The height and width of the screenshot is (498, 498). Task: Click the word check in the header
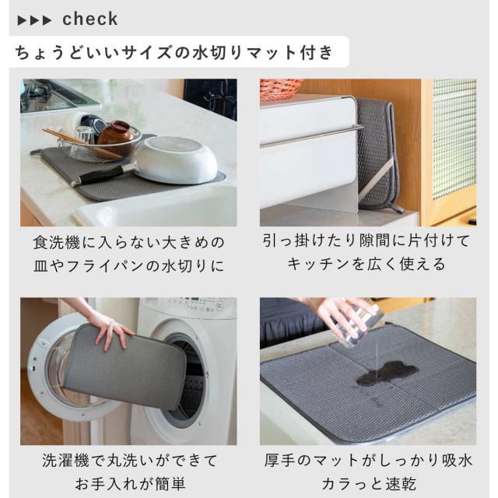tap(90, 19)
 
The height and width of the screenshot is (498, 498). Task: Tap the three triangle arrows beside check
tap(34, 21)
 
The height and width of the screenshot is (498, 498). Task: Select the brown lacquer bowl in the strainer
tap(115, 132)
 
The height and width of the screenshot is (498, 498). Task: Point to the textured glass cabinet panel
tap(454, 139)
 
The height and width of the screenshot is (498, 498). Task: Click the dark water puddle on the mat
tap(387, 373)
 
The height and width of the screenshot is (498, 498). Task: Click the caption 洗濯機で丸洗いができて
tap(130, 461)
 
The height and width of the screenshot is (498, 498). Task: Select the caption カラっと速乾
tap(368, 484)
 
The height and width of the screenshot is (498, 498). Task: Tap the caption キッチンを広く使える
tap(366, 265)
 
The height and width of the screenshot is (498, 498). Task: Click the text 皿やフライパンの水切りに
tap(129, 266)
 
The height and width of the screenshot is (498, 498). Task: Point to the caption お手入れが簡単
tap(130, 484)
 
